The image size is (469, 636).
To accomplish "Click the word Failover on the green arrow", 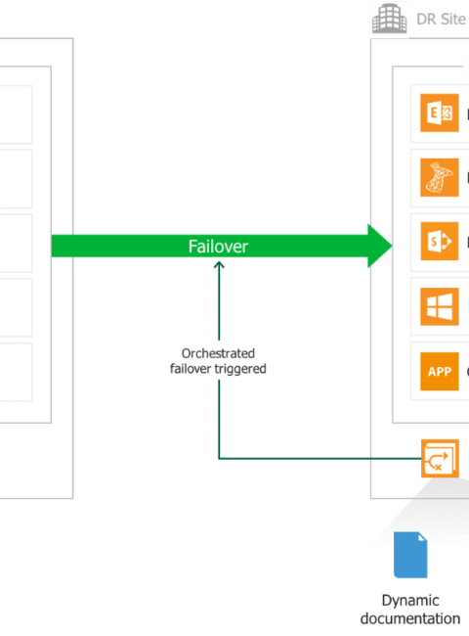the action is (218, 247).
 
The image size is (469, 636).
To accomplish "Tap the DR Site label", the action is (441, 19).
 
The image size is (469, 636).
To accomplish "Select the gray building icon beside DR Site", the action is (389, 19).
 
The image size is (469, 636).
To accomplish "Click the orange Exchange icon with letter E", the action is (440, 113).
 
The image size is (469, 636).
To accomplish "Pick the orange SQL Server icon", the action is (440, 177).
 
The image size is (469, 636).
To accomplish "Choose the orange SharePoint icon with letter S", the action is (440, 242).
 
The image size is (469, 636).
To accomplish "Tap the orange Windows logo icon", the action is (440, 306).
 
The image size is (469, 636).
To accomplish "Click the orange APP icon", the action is (440, 371).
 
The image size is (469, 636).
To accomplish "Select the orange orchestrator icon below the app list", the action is (440, 458).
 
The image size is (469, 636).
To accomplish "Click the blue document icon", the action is (410, 555).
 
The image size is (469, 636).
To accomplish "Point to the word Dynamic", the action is (410, 601).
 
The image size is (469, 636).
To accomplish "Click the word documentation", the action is (410, 618).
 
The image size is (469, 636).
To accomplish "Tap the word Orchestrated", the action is (218, 353).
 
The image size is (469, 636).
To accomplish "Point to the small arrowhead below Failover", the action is (219, 265).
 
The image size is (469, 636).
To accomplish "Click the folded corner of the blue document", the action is (423, 536).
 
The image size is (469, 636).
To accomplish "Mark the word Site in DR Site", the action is (453, 19).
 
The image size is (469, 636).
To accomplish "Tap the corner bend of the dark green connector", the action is (219, 459).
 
